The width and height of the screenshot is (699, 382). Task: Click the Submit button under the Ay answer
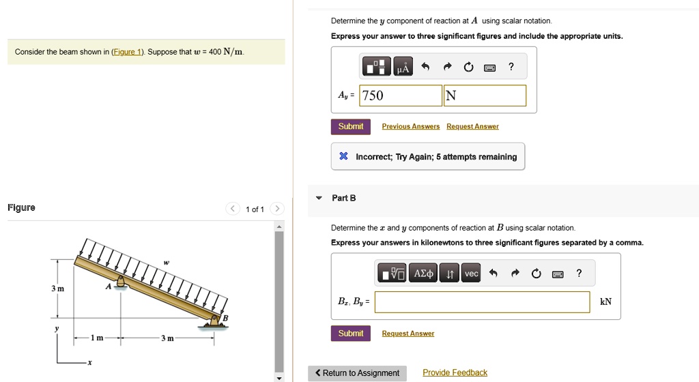350,127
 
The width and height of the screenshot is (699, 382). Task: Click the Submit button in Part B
350,334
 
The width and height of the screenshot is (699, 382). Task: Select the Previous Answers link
410,127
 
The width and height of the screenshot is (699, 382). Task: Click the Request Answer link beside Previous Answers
472,127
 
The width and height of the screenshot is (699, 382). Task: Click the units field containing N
485,95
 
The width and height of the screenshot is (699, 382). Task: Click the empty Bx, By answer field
482,302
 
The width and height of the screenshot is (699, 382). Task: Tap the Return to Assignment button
357,373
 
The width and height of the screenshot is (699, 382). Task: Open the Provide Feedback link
455,372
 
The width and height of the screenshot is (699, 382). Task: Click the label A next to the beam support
108,287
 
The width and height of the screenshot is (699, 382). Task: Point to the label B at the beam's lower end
225,318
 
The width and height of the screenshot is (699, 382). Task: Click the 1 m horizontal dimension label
98,338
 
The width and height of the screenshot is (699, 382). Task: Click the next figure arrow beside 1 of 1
277,209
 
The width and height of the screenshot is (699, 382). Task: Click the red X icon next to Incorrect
344,157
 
